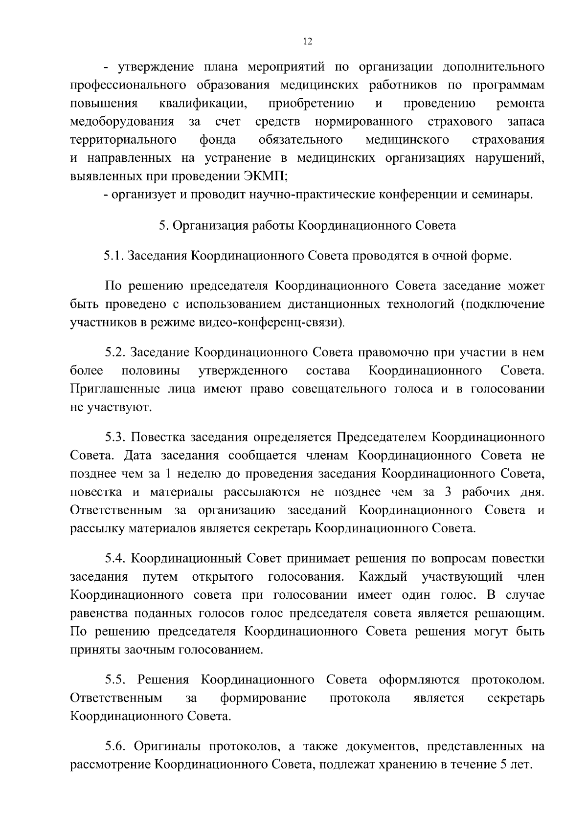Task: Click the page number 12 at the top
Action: point(307,42)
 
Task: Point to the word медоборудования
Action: point(122,122)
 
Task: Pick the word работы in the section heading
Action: point(272,225)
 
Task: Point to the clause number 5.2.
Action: point(115,352)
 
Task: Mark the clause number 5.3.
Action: point(115,437)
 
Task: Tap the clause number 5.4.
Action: point(115,558)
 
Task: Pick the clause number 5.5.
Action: point(115,680)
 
